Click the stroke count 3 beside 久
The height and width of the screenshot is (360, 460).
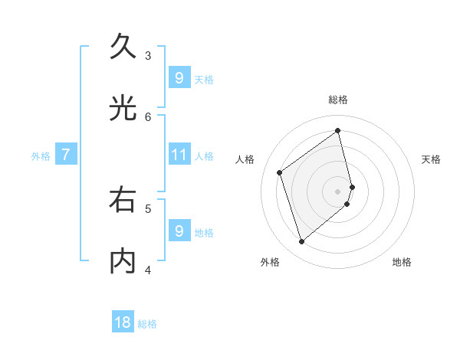(148, 55)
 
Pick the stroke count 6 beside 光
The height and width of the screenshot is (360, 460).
(148, 116)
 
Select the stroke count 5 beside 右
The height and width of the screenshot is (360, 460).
(148, 208)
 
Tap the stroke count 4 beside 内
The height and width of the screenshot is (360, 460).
(148, 269)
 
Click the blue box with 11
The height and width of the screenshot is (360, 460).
(179, 155)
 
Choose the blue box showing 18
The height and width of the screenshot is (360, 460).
(123, 322)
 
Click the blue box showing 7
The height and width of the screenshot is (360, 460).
(66, 155)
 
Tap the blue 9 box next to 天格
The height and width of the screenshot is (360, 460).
(179, 77)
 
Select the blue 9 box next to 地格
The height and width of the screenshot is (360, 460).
(179, 231)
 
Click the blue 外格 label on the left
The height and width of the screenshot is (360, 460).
(41, 155)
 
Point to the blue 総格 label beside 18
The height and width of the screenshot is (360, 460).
(147, 324)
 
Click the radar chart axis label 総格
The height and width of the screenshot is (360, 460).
(338, 100)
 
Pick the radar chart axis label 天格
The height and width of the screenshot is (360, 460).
(431, 159)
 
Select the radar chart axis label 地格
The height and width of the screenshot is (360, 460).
(402, 262)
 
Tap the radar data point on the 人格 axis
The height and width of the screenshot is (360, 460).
(280, 172)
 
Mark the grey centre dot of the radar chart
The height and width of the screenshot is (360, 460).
(338, 191)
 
